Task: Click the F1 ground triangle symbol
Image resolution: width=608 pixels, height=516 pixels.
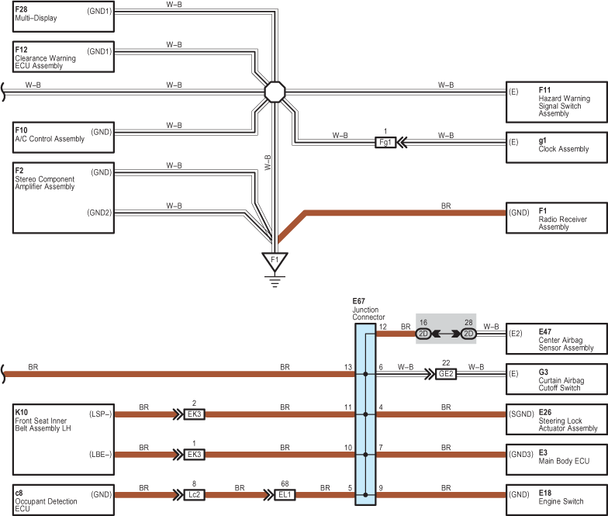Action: click(x=275, y=261)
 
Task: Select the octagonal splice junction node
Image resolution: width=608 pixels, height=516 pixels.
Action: click(x=275, y=92)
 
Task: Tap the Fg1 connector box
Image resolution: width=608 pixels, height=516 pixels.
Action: click(x=385, y=143)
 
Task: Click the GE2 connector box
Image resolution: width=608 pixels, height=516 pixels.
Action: click(x=446, y=374)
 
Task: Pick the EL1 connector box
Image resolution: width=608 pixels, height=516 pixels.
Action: click(x=285, y=495)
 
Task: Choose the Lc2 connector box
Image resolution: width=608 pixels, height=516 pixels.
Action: click(x=194, y=495)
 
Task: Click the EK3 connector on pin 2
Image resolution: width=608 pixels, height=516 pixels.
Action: click(x=194, y=414)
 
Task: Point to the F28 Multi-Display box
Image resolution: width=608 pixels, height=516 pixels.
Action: click(x=64, y=16)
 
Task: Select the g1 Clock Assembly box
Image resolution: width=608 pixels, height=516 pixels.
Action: click(x=557, y=147)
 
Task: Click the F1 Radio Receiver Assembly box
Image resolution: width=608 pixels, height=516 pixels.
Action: click(x=557, y=217)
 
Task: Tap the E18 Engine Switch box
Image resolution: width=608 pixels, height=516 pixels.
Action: click(x=557, y=500)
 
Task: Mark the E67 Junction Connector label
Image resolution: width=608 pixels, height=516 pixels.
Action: click(x=368, y=309)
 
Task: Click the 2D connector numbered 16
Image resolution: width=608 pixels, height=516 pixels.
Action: click(x=423, y=334)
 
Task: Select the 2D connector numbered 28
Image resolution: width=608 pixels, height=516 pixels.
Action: click(x=468, y=334)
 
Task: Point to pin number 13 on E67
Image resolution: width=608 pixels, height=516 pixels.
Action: click(x=347, y=367)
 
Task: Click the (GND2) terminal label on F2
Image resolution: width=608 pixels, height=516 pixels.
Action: click(x=99, y=213)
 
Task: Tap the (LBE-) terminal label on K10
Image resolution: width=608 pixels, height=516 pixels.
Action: click(x=101, y=455)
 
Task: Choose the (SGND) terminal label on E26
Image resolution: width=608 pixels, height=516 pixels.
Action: click(x=521, y=414)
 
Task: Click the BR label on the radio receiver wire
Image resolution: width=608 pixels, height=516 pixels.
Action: click(x=446, y=206)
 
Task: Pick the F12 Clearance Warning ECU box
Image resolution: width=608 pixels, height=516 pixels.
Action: click(x=64, y=57)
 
